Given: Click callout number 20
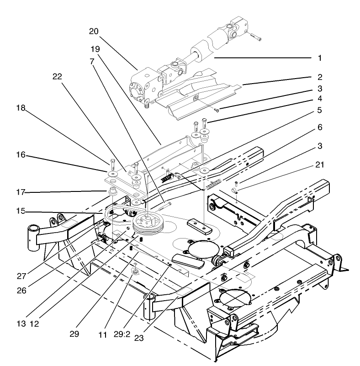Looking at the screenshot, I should click(x=94, y=32).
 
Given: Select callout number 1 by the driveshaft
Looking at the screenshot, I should click(x=320, y=58).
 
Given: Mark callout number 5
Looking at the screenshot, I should click(x=319, y=110).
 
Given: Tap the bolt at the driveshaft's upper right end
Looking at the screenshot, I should click(x=256, y=37).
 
